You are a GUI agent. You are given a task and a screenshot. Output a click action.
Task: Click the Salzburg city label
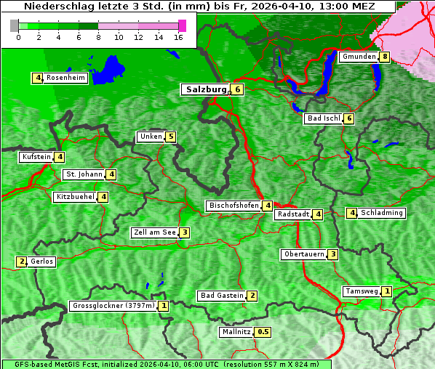pyautogui.click(x=204, y=89)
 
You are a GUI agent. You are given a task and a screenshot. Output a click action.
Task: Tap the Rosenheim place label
pyautogui.click(x=65, y=78)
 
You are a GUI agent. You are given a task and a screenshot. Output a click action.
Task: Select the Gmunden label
pyautogui.click(x=359, y=57)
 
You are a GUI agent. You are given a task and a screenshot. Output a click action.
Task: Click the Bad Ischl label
pyautogui.click(x=323, y=118)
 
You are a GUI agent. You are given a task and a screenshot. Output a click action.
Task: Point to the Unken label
pyautogui.click(x=151, y=137)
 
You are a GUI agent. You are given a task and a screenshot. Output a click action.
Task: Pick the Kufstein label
pyautogui.click(x=36, y=157)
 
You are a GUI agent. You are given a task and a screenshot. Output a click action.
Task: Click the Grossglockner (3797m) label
pyautogui.click(x=113, y=306)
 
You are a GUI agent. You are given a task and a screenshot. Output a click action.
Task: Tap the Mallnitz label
pyautogui.click(x=236, y=332)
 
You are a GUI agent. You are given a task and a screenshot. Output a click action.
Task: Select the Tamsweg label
pyautogui.click(x=362, y=291)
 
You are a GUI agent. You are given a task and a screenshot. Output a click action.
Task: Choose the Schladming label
pyautogui.click(x=382, y=213)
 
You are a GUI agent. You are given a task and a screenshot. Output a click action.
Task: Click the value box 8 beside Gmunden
pyautogui.click(x=384, y=57)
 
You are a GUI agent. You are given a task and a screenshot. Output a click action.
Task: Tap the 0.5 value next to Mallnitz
pyautogui.click(x=263, y=332)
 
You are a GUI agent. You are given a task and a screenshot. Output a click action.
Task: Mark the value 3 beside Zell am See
pyautogui.click(x=185, y=232)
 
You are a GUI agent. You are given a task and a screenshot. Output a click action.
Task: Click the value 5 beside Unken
pyautogui.click(x=170, y=137)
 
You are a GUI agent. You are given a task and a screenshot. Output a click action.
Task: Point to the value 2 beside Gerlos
pyautogui.click(x=22, y=261)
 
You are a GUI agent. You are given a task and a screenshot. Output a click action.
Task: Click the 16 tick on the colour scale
pyautogui.click(x=178, y=37)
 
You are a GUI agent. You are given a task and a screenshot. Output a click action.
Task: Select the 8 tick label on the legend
pyautogui.click(x=98, y=37)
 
